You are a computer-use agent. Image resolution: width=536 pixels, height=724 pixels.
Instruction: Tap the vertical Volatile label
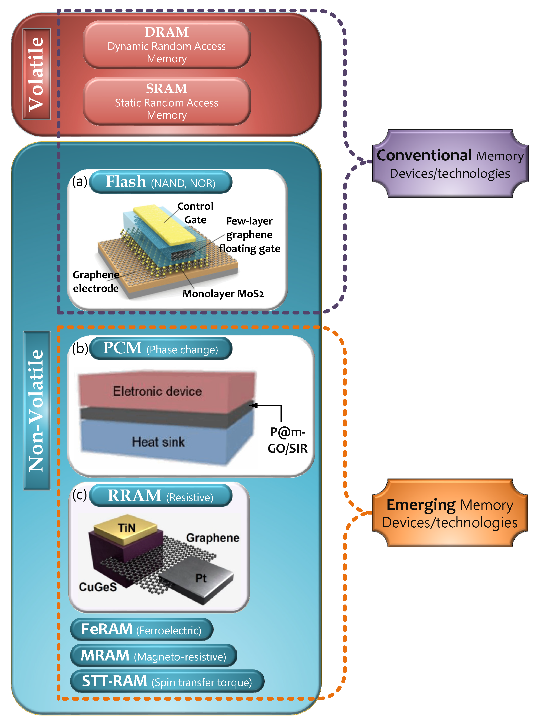pyautogui.click(x=37, y=74)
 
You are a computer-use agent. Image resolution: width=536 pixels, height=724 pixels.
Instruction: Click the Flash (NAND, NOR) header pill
pyautogui.click(x=161, y=182)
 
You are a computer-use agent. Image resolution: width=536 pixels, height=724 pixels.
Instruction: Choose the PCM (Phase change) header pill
pyautogui.click(x=161, y=348)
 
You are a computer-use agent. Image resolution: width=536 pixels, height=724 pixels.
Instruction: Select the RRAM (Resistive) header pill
pyautogui.click(x=161, y=495)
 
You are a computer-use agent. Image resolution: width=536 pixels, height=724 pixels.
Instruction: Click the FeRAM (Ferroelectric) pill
pyautogui.click(x=141, y=629)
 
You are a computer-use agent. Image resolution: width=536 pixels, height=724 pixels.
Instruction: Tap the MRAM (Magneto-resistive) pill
pyautogui.click(x=153, y=655)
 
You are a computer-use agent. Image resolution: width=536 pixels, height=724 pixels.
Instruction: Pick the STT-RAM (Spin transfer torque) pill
pyautogui.click(x=167, y=681)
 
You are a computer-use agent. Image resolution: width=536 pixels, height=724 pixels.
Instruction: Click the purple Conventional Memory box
pyautogui.click(x=450, y=164)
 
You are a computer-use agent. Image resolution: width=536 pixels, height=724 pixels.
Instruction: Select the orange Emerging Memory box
pyautogui.click(x=450, y=513)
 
